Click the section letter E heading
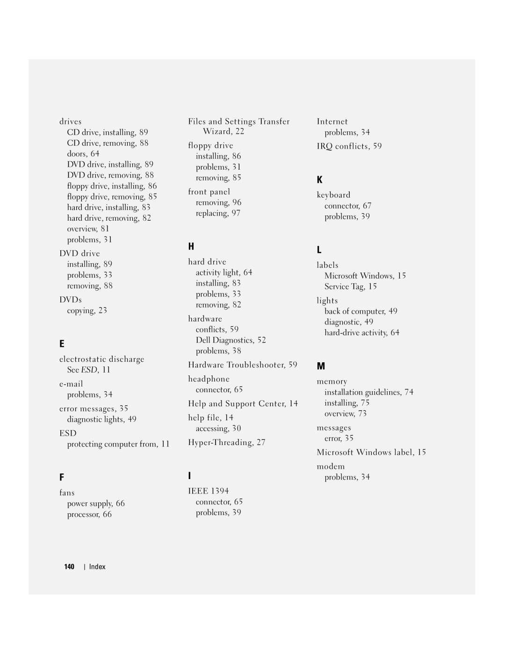coord(62,344)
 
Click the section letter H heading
coord(191,246)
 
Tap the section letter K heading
coord(320,180)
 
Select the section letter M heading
coord(321,366)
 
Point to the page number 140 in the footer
coord(69,567)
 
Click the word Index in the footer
coord(97,567)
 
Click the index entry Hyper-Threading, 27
coord(227,442)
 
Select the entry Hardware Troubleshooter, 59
coord(243,365)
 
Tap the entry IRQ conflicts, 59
coord(349,146)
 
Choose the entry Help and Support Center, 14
coord(243,403)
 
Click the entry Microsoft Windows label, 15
coord(371,452)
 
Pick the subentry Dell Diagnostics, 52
coord(231,340)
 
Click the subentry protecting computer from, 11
coord(118,444)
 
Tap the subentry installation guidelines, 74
coord(369,392)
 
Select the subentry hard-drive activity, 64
coord(362,333)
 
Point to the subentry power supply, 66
coord(96,503)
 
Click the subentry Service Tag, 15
coord(351,287)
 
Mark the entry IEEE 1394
coord(209,491)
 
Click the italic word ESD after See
coord(89,370)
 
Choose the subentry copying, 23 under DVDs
coord(87,310)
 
